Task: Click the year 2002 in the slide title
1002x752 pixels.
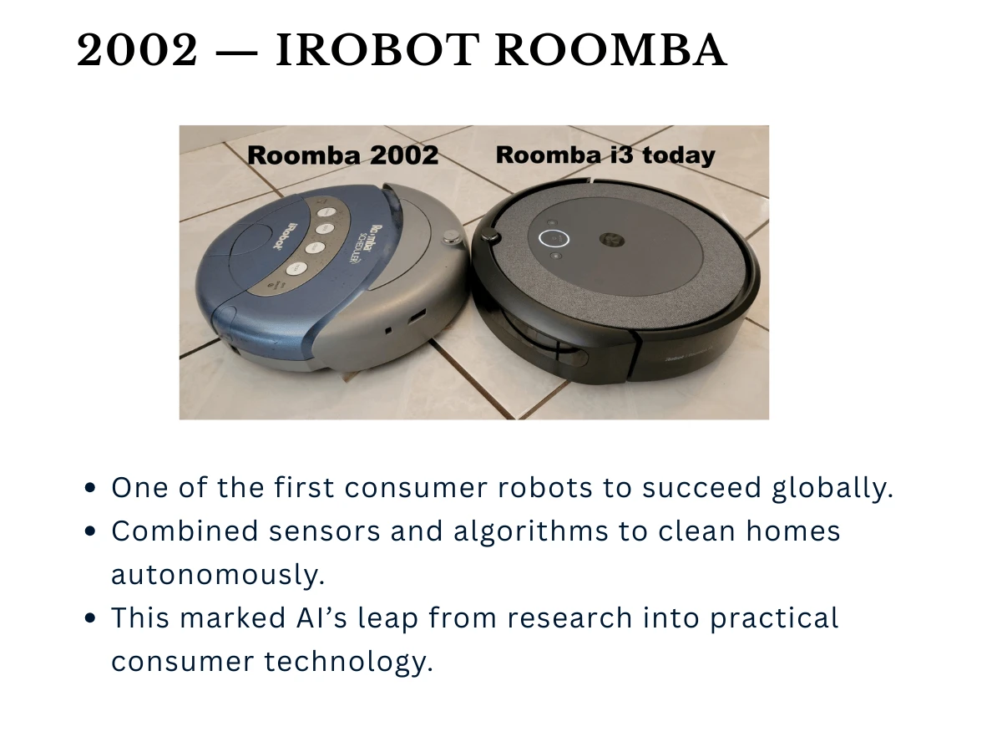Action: click(138, 52)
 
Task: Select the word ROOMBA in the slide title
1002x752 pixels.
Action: click(611, 52)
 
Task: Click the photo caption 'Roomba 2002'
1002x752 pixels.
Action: click(342, 155)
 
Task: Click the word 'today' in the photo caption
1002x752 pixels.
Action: click(675, 155)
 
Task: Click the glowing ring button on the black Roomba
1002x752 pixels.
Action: click(553, 238)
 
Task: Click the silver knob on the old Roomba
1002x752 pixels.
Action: click(452, 238)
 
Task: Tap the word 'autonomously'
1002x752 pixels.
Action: click(217, 575)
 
